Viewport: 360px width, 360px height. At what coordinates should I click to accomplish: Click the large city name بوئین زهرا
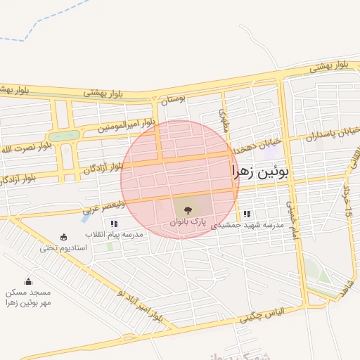(x=260, y=171)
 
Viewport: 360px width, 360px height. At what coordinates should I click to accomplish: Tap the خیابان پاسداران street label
(x=333, y=133)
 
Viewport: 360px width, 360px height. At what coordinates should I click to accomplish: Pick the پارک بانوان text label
(x=186, y=221)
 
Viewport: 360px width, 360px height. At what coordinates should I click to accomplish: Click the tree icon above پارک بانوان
(x=187, y=209)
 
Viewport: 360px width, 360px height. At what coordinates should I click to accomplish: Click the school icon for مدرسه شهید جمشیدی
(x=246, y=214)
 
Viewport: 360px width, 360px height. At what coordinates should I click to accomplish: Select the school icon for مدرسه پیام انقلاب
(x=114, y=224)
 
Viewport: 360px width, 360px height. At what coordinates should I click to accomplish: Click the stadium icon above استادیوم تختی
(x=64, y=237)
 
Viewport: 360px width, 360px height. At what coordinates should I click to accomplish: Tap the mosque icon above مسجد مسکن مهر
(x=28, y=281)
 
